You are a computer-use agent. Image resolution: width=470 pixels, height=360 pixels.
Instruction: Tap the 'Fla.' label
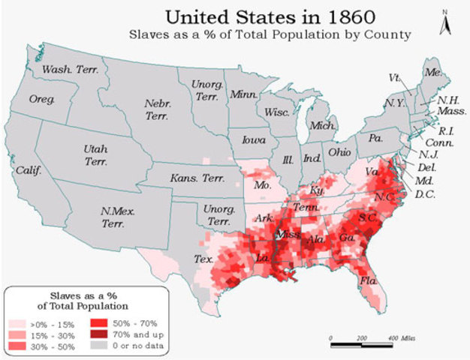click(x=368, y=280)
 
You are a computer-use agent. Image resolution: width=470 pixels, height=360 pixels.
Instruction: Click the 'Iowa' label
click(x=253, y=140)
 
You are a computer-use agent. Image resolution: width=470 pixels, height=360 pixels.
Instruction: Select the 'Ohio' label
click(x=339, y=151)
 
